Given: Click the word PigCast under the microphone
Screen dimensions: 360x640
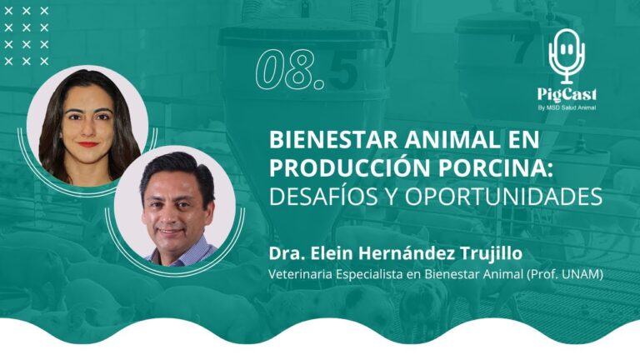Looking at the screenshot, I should pyautogui.click(x=567, y=93).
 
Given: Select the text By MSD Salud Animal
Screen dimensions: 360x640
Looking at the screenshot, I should pyautogui.click(x=567, y=107).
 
